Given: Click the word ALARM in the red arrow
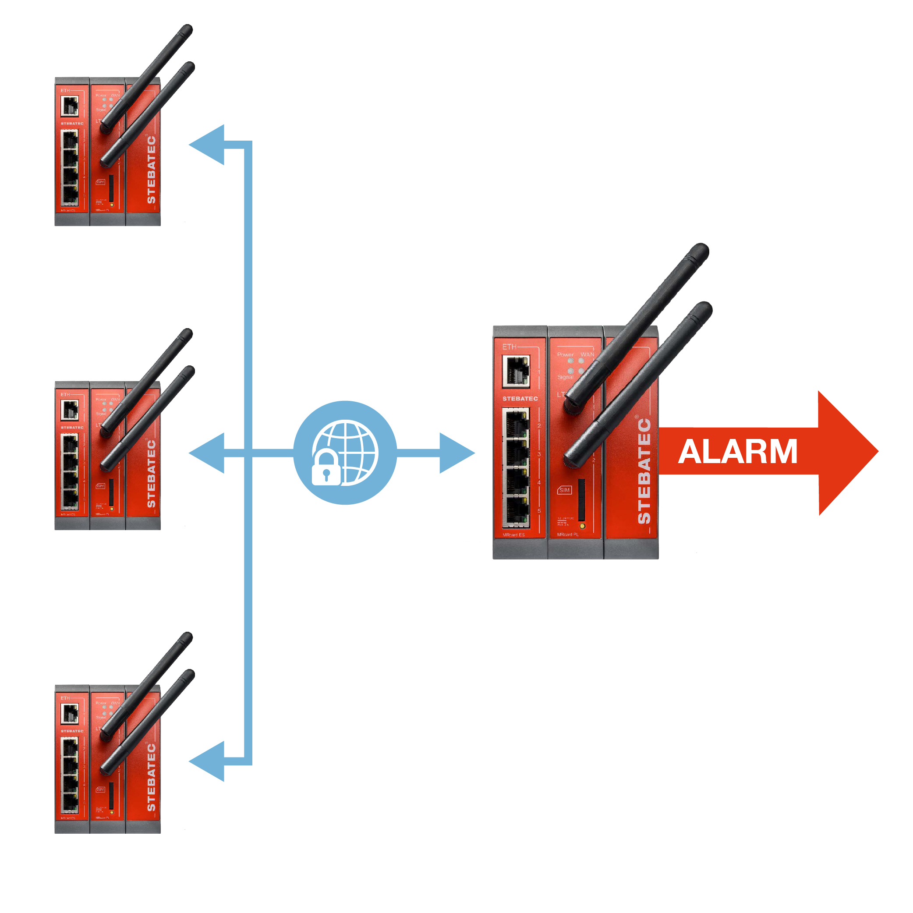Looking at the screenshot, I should (738, 452).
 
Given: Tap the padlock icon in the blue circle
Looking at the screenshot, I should (326, 469).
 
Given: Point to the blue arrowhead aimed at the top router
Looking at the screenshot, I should (208, 145).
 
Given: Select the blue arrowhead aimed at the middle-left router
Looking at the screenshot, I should (208, 453).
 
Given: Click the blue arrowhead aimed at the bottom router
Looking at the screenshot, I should (208, 761).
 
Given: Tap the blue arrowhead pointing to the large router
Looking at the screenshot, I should (456, 453).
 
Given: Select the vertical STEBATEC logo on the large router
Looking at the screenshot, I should (644, 471).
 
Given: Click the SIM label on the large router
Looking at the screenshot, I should (564, 490).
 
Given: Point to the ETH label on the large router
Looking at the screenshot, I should (509, 347).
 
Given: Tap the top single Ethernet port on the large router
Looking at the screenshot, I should (516, 371).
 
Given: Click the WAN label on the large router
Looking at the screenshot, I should (587, 354).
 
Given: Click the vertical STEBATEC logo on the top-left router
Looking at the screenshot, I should (151, 170).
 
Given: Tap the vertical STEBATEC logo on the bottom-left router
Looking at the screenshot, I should (151, 778).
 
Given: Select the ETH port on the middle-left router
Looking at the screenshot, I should (70, 410).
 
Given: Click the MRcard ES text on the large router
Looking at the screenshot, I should (513, 535).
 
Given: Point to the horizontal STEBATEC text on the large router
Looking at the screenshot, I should (520, 398).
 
